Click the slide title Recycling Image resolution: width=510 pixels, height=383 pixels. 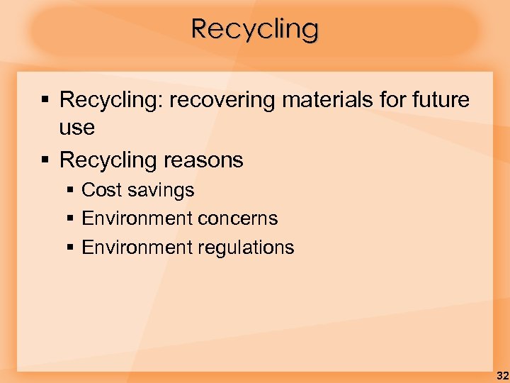click(x=255, y=29)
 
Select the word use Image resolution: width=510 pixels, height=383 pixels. click(x=76, y=128)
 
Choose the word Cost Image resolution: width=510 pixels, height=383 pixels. click(x=101, y=190)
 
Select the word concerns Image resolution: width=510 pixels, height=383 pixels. click(x=238, y=218)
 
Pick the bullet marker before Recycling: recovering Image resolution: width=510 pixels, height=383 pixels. click(x=45, y=101)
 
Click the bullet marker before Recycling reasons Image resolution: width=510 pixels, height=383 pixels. click(x=45, y=160)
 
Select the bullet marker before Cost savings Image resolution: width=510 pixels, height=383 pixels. click(x=69, y=191)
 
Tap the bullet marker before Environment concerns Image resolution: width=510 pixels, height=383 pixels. click(x=69, y=219)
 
